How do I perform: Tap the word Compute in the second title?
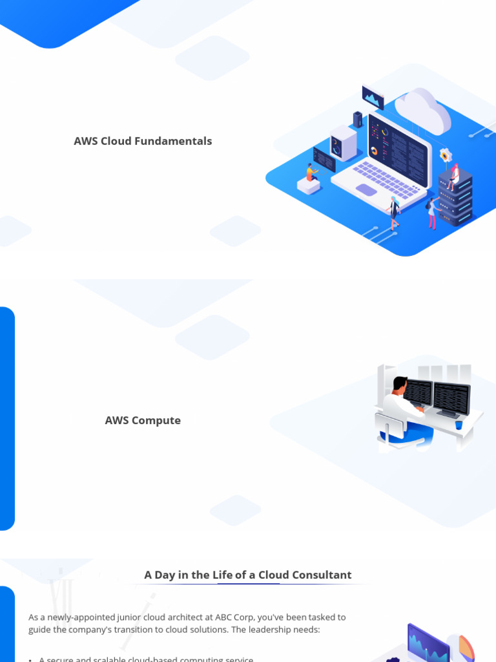156,421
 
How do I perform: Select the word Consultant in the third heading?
322,575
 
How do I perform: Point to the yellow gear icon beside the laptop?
445,155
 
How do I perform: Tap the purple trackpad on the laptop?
366,190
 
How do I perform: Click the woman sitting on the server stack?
454,176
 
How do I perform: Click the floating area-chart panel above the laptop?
373,97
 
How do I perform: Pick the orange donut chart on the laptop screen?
373,151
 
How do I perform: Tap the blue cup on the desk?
459,425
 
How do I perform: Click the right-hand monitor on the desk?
451,398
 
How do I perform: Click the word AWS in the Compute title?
117,421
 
